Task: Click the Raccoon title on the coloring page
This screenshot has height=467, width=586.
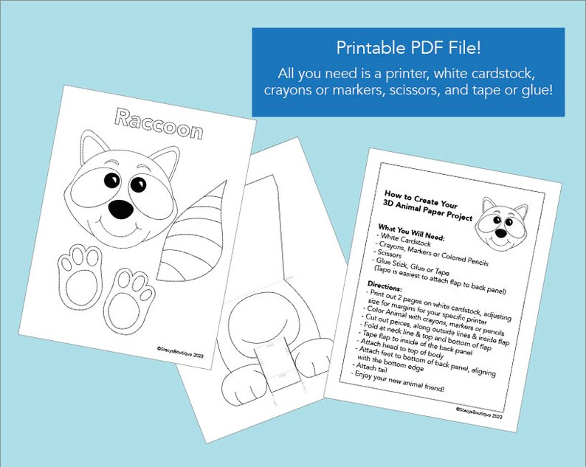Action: pyautogui.click(x=159, y=123)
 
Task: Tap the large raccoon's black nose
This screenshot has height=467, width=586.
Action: pyautogui.click(x=121, y=210)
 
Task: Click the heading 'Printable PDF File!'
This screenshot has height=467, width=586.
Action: pyautogui.click(x=408, y=49)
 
